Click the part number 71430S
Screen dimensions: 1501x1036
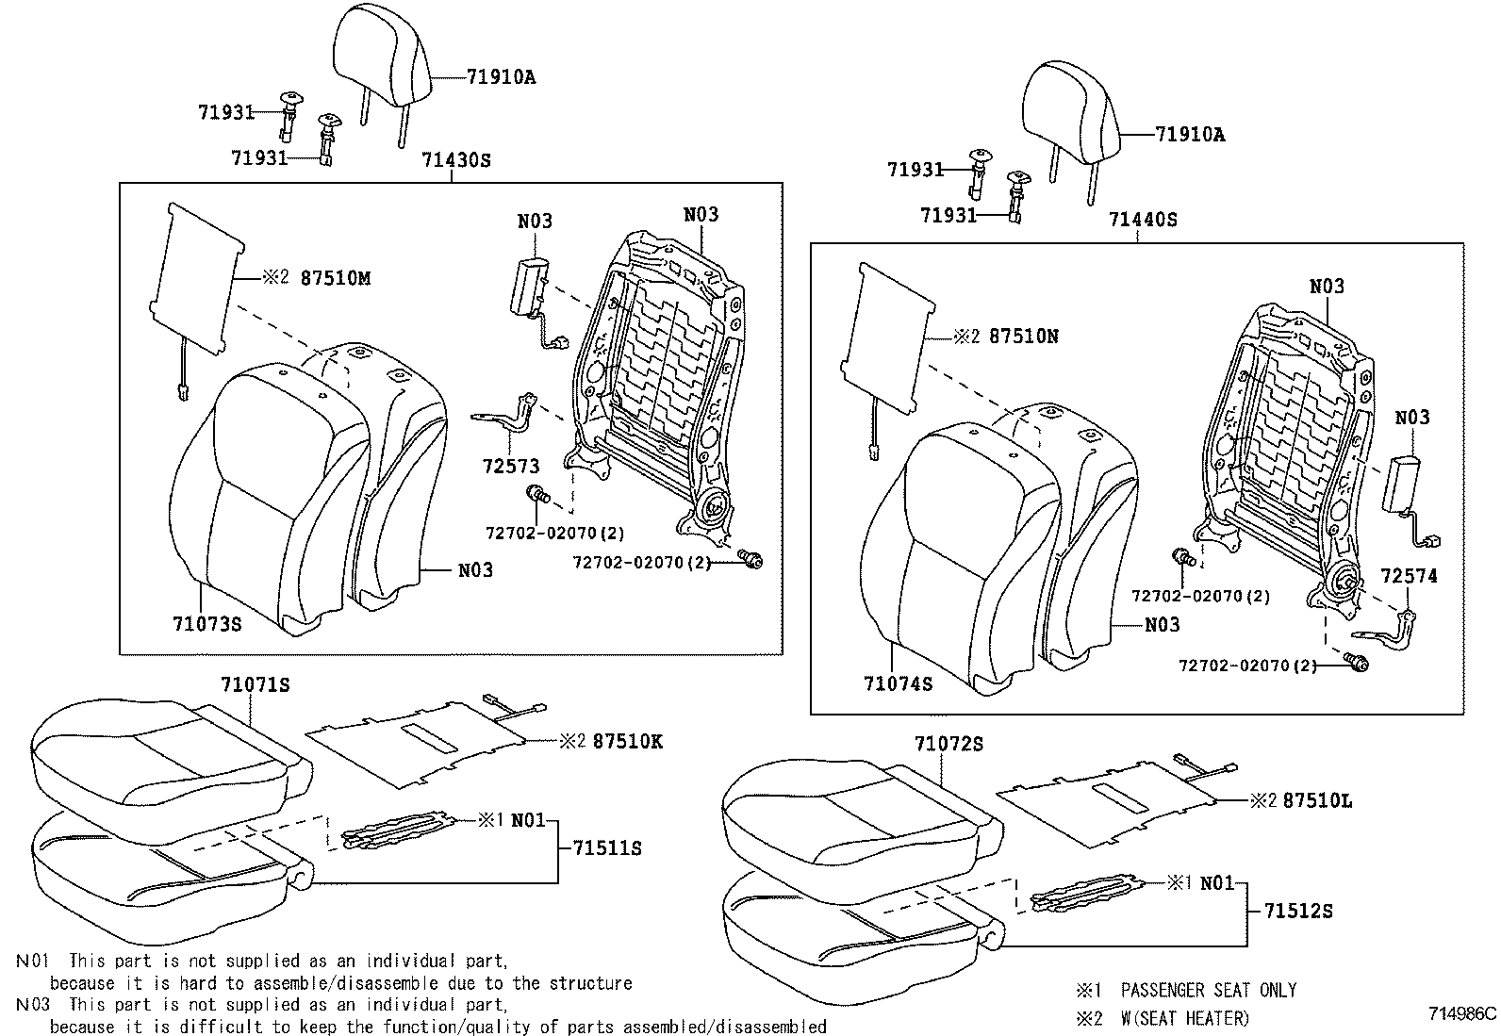[x=455, y=160]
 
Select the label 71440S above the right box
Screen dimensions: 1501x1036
[x=1143, y=220]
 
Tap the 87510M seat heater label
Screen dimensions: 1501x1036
[x=335, y=278]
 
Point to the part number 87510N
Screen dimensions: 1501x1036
[x=1024, y=336]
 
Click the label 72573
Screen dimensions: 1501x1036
[x=511, y=466]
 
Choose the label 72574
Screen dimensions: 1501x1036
[x=1409, y=576]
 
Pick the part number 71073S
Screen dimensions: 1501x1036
[x=207, y=624]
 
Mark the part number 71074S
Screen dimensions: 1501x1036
[x=898, y=683]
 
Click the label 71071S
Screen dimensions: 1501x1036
[x=256, y=685]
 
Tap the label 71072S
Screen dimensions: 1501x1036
[x=948, y=744]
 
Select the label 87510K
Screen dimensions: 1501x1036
[x=628, y=741]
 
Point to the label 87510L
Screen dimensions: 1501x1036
[x=1317, y=800]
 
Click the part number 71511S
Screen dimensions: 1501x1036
[x=607, y=848]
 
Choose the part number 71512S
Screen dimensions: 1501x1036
[x=1298, y=912]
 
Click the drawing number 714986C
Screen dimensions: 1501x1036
[x=1462, y=1014]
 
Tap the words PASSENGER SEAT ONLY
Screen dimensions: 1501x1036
[x=1209, y=990]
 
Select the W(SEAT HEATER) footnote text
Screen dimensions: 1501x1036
[x=1185, y=1019]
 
